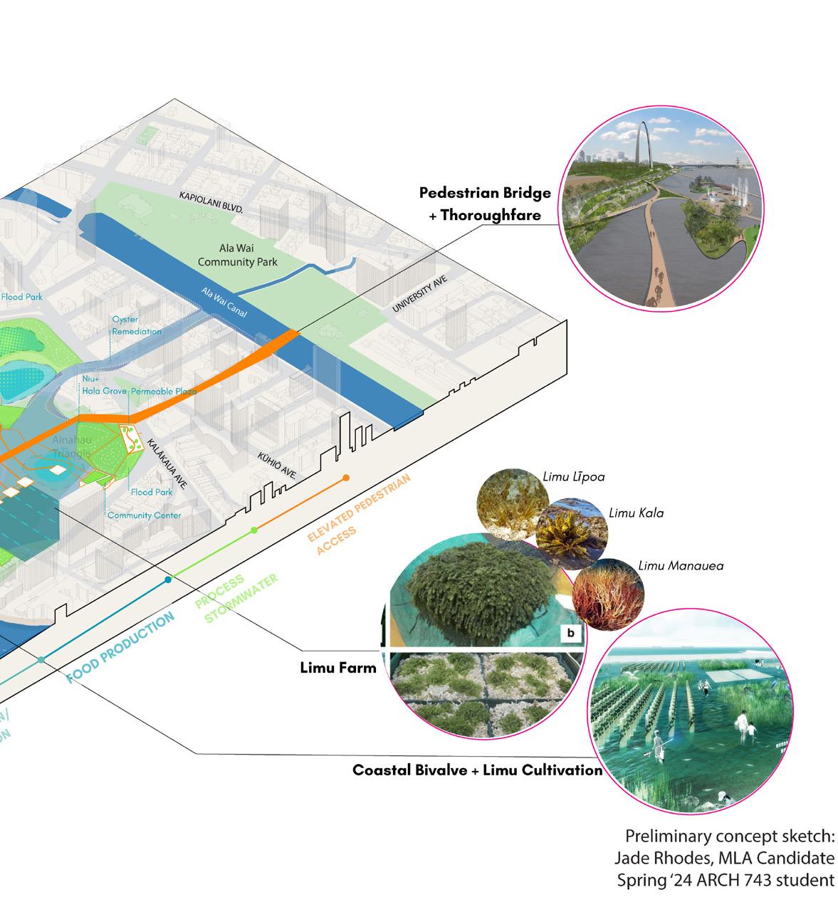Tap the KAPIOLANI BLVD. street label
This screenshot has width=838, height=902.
(211, 201)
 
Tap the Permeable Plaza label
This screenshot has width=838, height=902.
(164, 392)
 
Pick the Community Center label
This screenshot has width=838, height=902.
(144, 515)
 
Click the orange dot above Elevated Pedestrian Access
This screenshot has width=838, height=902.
(345, 478)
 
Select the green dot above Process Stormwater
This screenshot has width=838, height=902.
(254, 530)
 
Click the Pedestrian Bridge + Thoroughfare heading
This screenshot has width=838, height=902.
(486, 203)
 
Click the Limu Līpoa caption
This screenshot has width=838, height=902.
(573, 477)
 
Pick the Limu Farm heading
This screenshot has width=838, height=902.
(337, 667)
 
